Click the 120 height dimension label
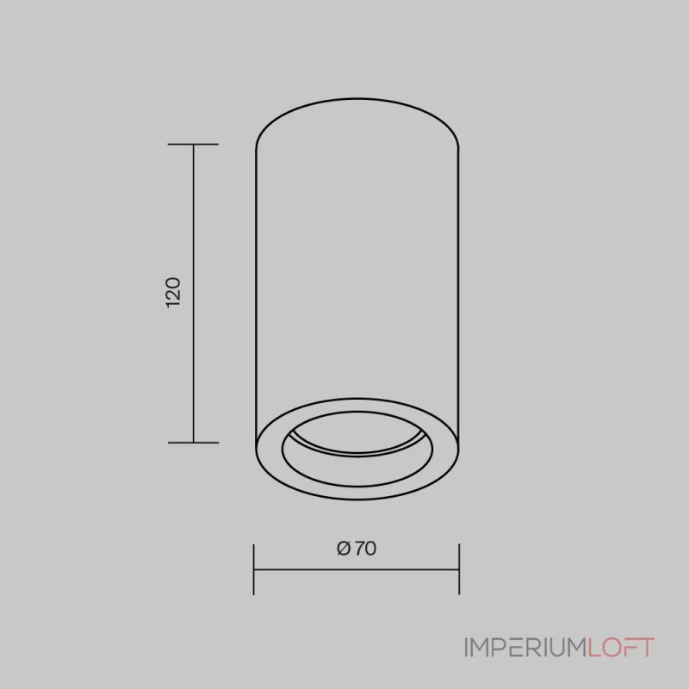[x=174, y=292]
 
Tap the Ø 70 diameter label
[x=357, y=549]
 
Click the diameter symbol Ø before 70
[x=344, y=549]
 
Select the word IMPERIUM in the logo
[x=525, y=648]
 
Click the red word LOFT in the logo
[x=621, y=648]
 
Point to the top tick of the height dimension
[x=193, y=144]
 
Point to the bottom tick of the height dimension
[x=193, y=443]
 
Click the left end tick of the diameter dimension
[x=253, y=569]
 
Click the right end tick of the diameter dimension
[x=459, y=569]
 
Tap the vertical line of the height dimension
[x=193, y=293]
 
